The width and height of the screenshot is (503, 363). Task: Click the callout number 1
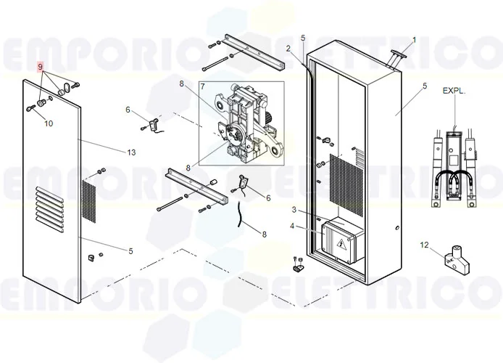pyautogui.click(x=414, y=39)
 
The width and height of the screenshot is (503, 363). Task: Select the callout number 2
pyautogui.click(x=288, y=49)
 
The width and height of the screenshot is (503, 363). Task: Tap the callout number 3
pyautogui.click(x=294, y=210)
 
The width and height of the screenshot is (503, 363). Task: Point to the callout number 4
pyautogui.click(x=293, y=226)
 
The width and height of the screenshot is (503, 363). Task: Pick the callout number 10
pyautogui.click(x=49, y=123)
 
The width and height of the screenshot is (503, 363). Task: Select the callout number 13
pyautogui.click(x=130, y=152)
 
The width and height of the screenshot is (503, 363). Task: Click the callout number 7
pyautogui.click(x=203, y=85)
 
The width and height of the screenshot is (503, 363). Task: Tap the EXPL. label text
pyautogui.click(x=455, y=91)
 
